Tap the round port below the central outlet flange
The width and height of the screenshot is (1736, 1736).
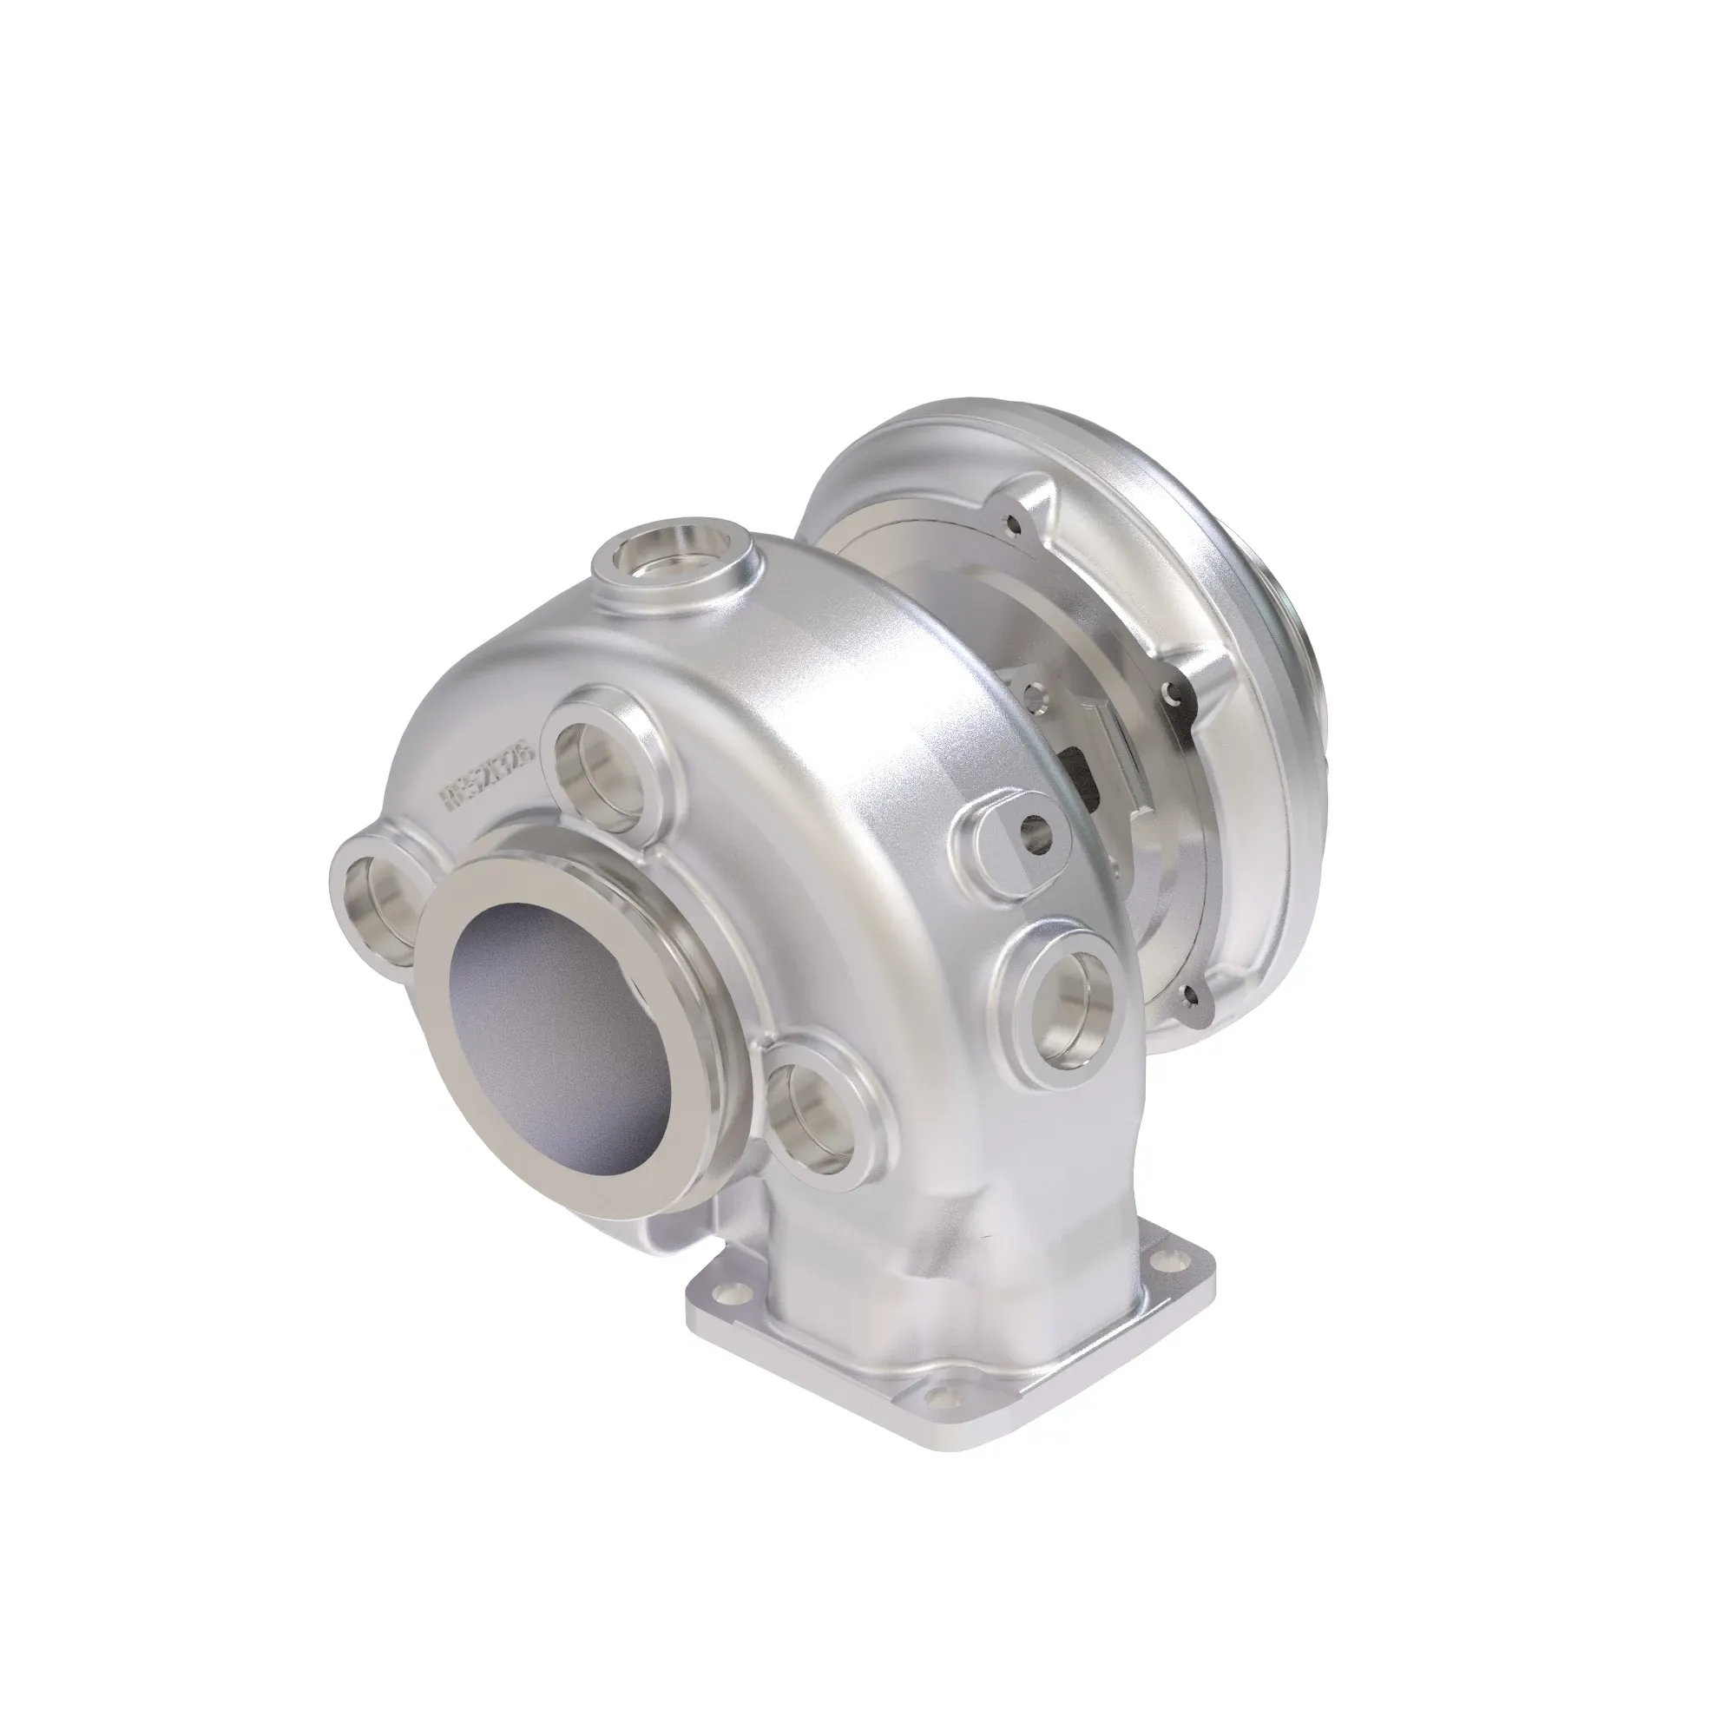click(x=814, y=1117)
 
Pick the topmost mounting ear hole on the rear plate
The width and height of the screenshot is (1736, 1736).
click(x=1016, y=519)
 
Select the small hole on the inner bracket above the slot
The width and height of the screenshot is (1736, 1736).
click(x=1036, y=692)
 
